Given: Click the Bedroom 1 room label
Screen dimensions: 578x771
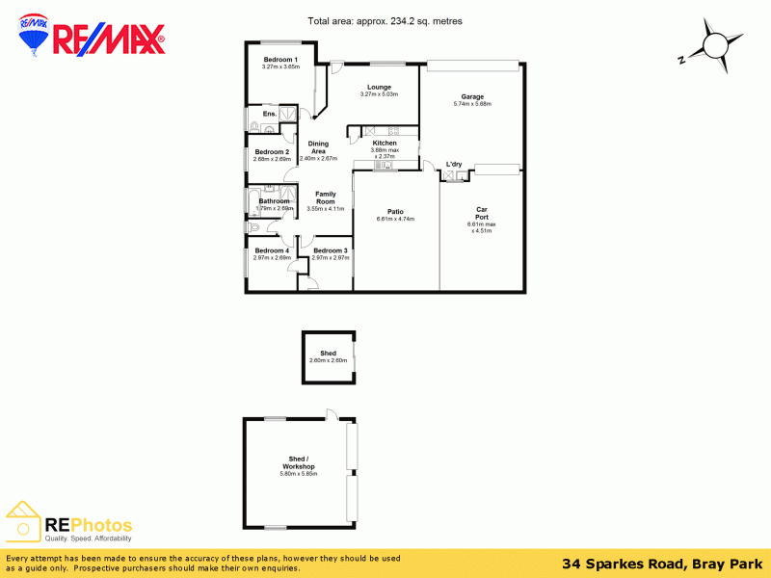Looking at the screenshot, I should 280,60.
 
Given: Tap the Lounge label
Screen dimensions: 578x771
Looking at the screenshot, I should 379,87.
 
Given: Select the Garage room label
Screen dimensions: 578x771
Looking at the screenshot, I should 472,96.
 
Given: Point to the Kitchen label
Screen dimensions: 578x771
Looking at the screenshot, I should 385,143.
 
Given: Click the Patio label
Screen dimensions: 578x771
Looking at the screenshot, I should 395,211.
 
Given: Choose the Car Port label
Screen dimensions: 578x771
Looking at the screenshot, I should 480,213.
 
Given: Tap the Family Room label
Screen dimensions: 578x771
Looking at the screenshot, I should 325,197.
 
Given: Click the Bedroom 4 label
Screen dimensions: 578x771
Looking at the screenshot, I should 272,250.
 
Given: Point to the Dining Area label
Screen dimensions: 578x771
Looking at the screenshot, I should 318,147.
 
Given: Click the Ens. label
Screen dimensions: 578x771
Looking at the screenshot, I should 270,114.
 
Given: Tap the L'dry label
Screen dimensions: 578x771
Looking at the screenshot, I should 454,164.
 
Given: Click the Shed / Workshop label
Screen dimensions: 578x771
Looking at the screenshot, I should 298,462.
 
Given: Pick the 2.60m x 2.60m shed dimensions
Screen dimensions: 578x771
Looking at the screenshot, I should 328,360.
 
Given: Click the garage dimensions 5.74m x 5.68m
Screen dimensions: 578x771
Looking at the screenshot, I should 472,104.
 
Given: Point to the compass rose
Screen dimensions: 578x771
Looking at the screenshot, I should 714,45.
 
